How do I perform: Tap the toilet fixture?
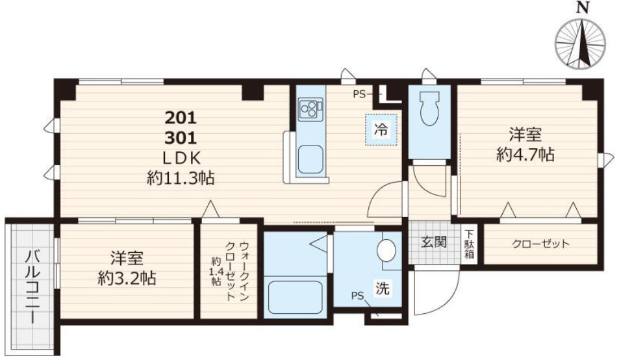[429, 108]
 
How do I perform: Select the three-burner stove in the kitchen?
[309, 109]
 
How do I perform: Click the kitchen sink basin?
[310, 159]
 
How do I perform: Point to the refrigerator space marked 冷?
[381, 130]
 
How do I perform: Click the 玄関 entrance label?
[433, 242]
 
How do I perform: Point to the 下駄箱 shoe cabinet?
[469, 244]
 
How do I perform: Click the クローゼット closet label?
[540, 244]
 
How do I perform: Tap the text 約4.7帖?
[525, 155]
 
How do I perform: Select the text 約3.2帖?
[127, 279]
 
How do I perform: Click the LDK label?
[182, 159]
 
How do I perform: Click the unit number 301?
[181, 138]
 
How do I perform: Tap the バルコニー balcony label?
[32, 287]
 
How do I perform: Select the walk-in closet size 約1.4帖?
[216, 271]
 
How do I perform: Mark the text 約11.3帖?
[181, 179]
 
